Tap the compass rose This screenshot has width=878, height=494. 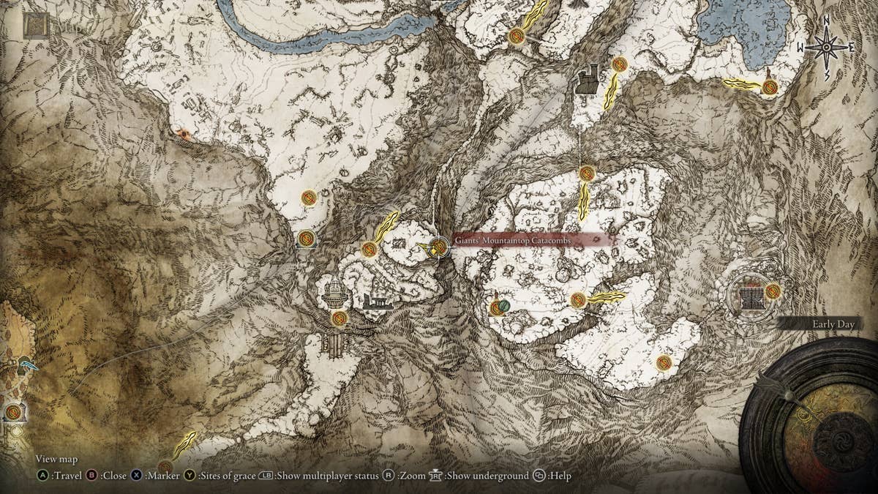click(x=827, y=48)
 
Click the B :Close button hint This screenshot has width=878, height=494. click(x=107, y=476)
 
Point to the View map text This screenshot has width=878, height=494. click(x=56, y=459)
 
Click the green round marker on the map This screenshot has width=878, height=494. click(x=504, y=304)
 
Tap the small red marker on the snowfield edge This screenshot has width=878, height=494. click(x=182, y=135)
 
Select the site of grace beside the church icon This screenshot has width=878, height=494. click(x=773, y=291)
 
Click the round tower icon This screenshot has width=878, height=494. click(x=334, y=294)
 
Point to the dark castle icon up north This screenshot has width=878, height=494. click(x=587, y=81)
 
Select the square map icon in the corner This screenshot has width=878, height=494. click(x=36, y=25)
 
